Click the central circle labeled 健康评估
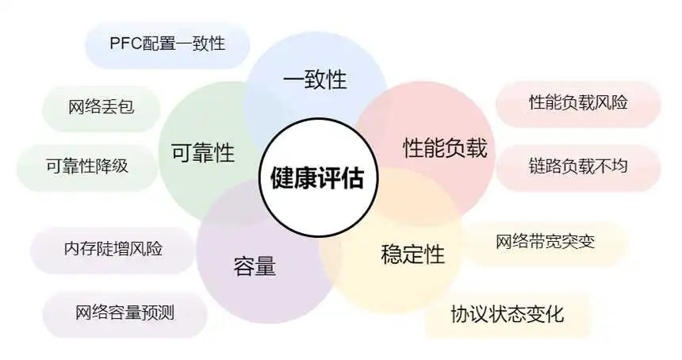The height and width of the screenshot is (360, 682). (318, 178)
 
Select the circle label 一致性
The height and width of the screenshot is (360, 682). (315, 79)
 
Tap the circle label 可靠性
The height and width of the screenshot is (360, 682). (203, 152)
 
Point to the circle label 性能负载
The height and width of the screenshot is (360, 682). (445, 147)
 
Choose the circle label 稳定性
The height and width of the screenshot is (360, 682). (412, 254)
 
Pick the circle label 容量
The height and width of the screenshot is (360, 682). (255, 266)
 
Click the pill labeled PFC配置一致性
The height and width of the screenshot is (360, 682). (167, 44)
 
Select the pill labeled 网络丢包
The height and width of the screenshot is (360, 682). (101, 107)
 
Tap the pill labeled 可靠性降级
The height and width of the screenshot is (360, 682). (87, 167)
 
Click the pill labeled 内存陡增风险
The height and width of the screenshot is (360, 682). (113, 250)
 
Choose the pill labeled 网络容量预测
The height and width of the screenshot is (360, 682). (125, 313)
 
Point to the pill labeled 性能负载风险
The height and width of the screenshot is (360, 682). (578, 103)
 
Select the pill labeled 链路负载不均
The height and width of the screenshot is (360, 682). (578, 167)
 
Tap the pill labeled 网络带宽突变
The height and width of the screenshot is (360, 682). (545, 243)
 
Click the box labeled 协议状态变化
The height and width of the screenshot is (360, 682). (508, 315)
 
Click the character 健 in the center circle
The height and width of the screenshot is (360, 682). (283, 178)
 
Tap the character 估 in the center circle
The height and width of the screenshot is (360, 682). (353, 178)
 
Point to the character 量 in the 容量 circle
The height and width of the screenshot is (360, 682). (266, 266)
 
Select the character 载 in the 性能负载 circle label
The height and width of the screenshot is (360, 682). (477, 147)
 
